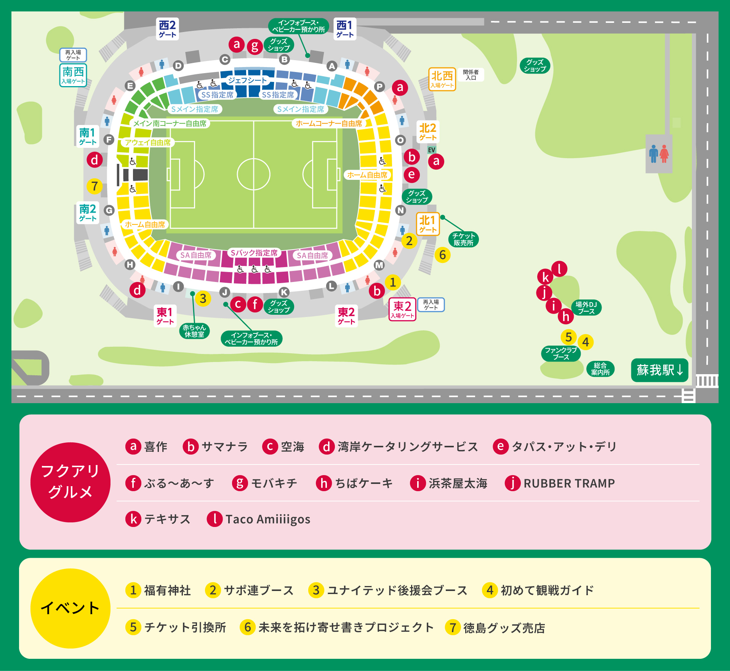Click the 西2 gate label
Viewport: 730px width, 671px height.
pos(167,29)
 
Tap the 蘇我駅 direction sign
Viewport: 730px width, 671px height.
pos(660,370)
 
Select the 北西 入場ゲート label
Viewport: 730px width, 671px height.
pos(442,79)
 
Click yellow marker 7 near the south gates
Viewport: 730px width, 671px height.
pos(94,186)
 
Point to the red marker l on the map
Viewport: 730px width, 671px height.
pos(559,269)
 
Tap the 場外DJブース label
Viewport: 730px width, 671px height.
pos(586,307)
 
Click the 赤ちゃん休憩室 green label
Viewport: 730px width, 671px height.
pos(194,331)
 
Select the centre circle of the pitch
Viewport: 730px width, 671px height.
pos(253,175)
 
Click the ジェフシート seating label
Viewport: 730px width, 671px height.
pos(248,80)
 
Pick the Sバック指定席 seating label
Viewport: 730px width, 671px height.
pos(254,253)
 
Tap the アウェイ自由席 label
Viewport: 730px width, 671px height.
pos(148,143)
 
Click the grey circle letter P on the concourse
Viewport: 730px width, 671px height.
pos(379,86)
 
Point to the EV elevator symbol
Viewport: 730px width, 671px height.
pos(431,150)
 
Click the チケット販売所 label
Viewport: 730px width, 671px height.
pos(463,239)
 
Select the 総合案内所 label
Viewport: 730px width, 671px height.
pos(600,369)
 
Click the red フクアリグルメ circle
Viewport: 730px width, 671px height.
pos(70,482)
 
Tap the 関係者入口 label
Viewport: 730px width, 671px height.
pos(471,75)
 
